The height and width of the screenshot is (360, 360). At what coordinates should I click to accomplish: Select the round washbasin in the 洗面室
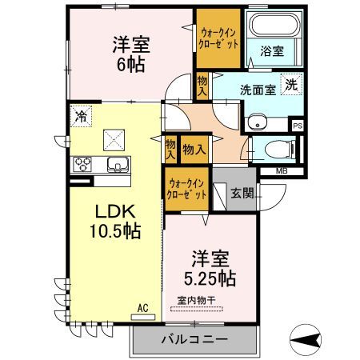(257, 122)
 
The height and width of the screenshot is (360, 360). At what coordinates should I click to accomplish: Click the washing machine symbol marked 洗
(291, 85)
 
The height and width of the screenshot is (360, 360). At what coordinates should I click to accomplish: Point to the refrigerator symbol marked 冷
(81, 116)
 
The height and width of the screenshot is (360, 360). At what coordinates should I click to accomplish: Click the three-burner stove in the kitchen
(82, 164)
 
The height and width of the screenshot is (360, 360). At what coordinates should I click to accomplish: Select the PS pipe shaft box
(298, 126)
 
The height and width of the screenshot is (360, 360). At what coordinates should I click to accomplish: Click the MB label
(282, 171)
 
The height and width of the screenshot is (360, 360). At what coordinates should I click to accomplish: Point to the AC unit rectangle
(143, 317)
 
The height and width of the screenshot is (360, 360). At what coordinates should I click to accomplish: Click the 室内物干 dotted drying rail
(197, 310)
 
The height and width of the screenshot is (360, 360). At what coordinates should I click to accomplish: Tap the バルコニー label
(194, 339)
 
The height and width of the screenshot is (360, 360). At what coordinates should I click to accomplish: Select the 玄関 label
(242, 193)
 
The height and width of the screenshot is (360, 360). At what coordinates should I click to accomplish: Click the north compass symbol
(306, 340)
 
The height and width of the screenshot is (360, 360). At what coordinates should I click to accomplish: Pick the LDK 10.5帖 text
(115, 222)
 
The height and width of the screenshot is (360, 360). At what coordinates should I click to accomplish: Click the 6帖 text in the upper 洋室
(131, 65)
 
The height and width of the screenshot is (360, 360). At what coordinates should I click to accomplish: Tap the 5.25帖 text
(210, 278)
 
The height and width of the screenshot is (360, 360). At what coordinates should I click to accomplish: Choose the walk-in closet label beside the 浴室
(218, 38)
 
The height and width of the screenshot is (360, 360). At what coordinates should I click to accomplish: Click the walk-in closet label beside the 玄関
(186, 190)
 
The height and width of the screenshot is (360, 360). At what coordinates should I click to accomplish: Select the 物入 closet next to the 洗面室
(202, 86)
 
